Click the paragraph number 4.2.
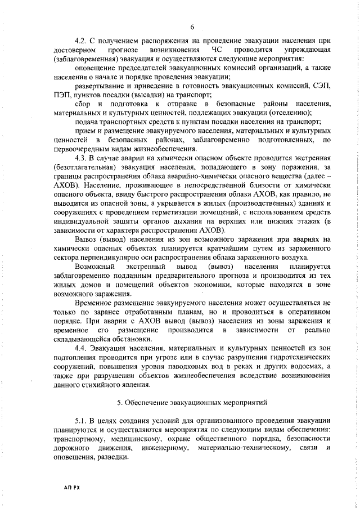[x=82, y=42]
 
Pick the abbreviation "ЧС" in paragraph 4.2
[x=217, y=50]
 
